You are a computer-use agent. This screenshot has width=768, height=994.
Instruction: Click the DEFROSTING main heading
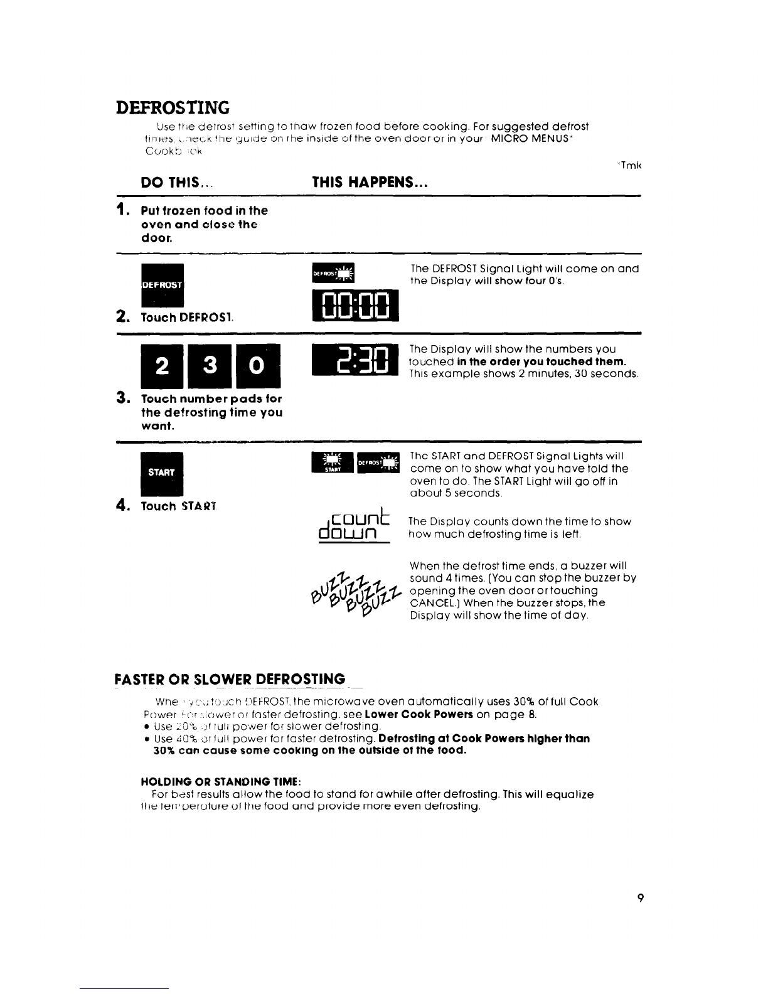(173, 107)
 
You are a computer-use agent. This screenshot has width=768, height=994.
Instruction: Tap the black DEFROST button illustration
(162, 284)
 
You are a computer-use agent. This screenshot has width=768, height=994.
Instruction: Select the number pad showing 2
(162, 368)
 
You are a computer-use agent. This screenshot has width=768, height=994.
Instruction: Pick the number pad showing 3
(211, 368)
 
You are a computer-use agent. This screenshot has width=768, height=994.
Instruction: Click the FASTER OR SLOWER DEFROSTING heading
(230, 680)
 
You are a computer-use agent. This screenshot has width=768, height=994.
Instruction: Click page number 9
(639, 898)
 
